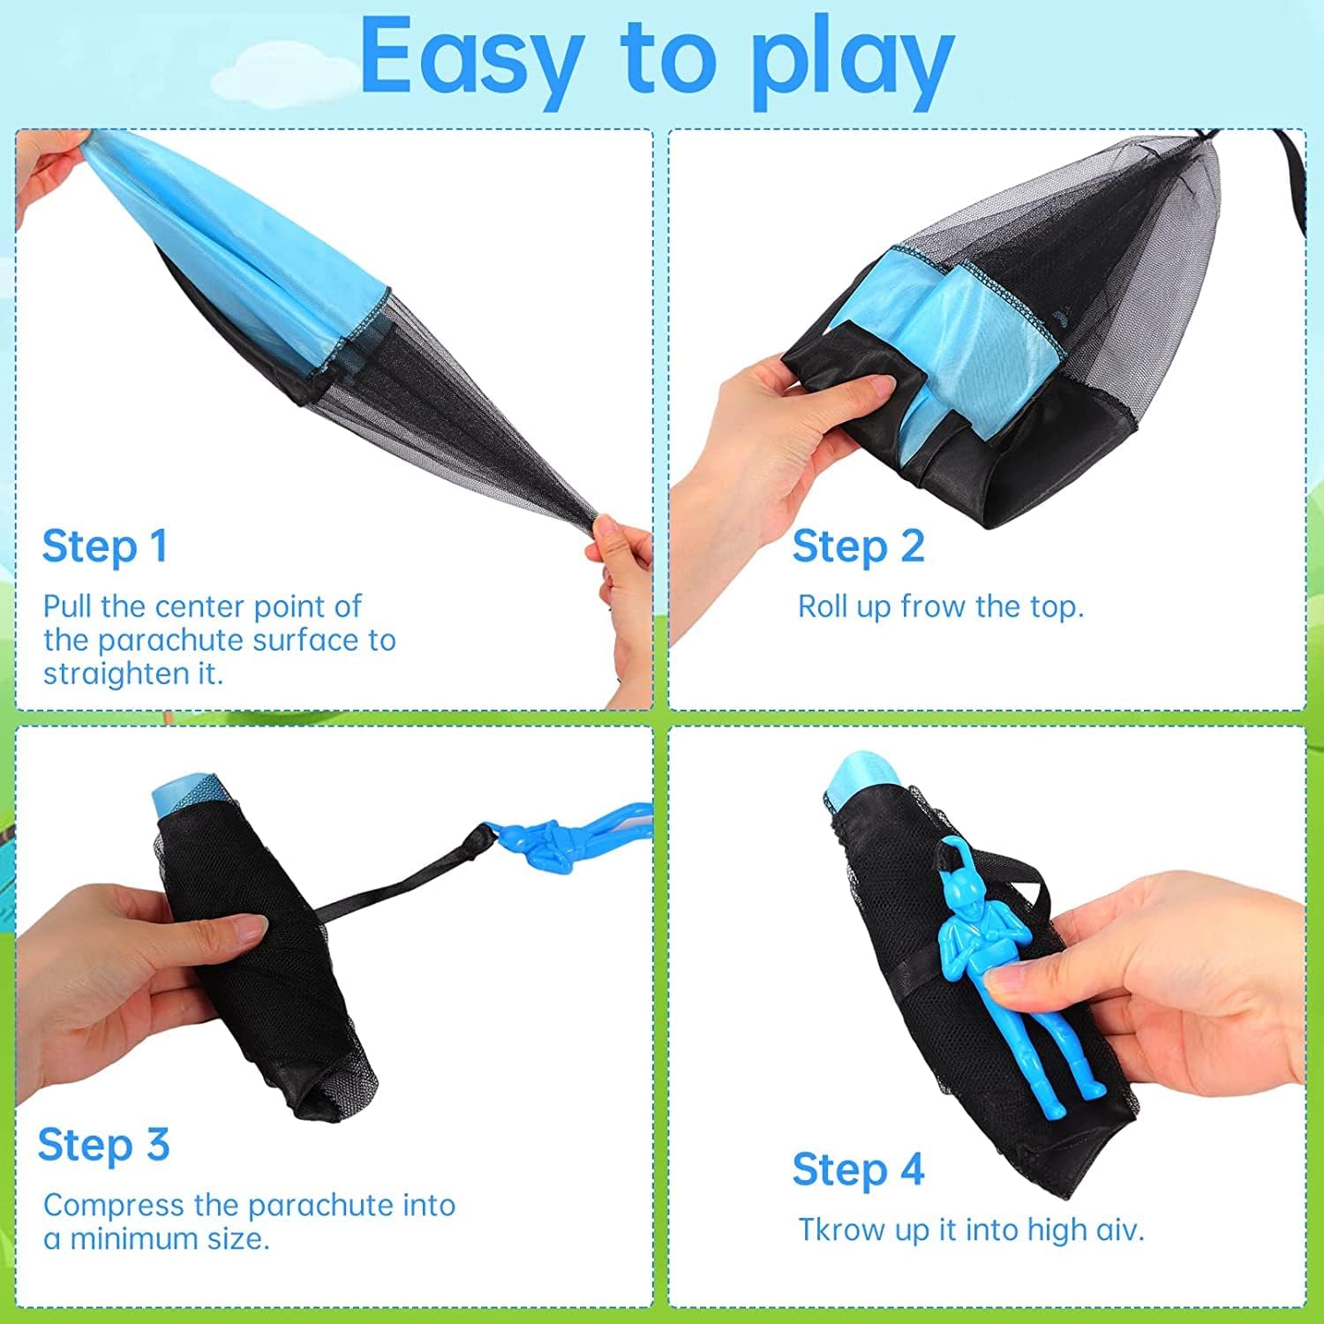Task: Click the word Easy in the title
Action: (470, 58)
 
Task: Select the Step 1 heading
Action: (104, 546)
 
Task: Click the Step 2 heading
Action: (857, 546)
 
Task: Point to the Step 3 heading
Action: (103, 1145)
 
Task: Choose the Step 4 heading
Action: (858, 1170)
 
